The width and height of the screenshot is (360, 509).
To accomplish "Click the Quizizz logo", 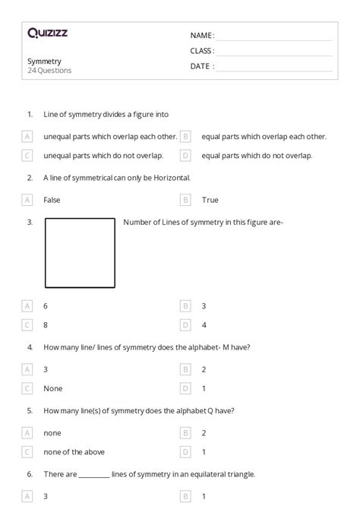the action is [x=47, y=33].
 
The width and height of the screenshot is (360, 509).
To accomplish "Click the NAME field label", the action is [x=202, y=36].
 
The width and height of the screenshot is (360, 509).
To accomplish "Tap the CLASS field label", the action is [x=203, y=51].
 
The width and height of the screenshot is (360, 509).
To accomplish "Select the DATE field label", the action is [x=202, y=66].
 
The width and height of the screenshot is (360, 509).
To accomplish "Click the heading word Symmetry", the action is [x=44, y=61].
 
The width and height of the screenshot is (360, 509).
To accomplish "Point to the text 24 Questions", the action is [x=49, y=71].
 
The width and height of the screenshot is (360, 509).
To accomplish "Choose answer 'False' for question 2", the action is [x=52, y=200].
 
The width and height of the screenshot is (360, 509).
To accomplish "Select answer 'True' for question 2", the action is [x=210, y=200].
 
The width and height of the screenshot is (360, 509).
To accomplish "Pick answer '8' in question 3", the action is [x=46, y=325].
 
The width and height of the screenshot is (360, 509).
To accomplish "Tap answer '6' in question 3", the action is [x=46, y=305].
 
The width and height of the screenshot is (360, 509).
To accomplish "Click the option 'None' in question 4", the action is [x=53, y=388].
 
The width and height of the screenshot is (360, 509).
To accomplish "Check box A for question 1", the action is [x=27, y=137].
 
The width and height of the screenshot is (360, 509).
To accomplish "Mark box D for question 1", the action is [x=185, y=156].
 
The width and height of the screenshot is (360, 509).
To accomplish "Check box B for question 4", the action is [x=185, y=369].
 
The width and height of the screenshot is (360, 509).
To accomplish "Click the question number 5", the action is [x=30, y=410].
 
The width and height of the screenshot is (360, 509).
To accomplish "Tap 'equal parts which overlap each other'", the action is [x=264, y=137].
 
